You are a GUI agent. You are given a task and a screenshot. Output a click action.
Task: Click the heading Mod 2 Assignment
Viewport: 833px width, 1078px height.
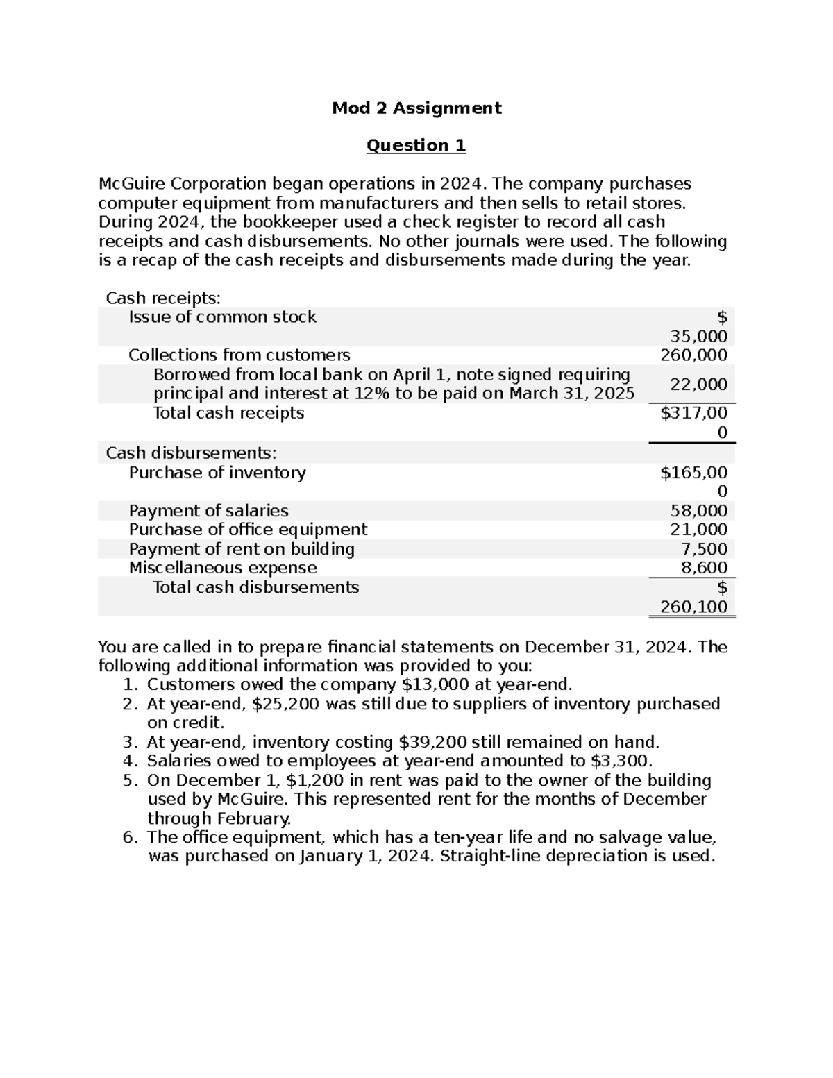(x=416, y=108)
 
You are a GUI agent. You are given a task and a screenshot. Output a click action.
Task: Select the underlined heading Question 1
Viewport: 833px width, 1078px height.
(x=416, y=145)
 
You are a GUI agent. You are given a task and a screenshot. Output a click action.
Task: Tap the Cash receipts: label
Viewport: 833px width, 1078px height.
(x=162, y=298)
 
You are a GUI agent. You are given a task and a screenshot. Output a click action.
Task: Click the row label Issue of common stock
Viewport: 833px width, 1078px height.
(x=222, y=317)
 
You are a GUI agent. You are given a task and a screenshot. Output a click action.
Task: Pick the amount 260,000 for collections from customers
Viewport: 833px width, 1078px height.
(x=693, y=355)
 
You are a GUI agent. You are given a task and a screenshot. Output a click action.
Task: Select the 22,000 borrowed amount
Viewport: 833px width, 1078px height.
(x=698, y=385)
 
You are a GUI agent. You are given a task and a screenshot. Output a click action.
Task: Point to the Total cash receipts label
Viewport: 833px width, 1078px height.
(x=228, y=413)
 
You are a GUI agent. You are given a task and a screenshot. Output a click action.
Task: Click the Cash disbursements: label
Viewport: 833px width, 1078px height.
(x=191, y=453)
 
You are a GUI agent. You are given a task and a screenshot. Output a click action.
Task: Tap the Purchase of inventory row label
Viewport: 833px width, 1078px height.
(x=217, y=473)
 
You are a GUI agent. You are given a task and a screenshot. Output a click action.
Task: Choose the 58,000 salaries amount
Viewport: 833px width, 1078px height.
(x=698, y=511)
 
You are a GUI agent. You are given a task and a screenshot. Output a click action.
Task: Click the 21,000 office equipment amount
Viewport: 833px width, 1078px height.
(x=698, y=530)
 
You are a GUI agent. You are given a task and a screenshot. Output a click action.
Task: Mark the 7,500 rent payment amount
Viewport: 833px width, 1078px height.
(x=705, y=549)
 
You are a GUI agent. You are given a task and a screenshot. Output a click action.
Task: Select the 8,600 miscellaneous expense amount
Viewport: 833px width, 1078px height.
(x=705, y=568)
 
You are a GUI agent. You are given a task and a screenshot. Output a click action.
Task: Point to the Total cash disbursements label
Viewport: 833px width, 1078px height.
(x=255, y=587)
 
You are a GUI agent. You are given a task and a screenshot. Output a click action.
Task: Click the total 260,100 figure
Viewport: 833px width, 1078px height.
(x=693, y=607)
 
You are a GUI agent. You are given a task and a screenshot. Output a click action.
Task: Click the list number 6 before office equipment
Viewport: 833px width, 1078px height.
(x=129, y=837)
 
